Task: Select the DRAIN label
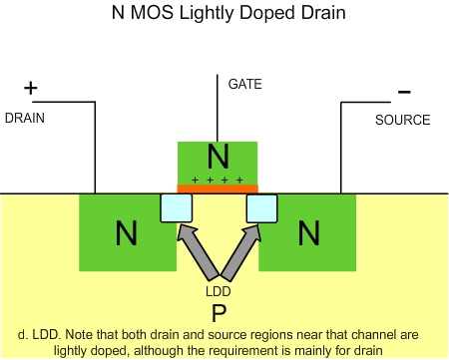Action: tap(24, 118)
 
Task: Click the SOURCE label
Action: tap(402, 120)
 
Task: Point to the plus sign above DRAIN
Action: tap(30, 89)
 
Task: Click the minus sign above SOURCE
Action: tap(404, 92)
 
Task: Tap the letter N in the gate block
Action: tap(218, 158)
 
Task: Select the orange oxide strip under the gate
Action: tap(218, 187)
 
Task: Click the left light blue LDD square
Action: tap(176, 207)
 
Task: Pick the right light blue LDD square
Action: tap(261, 207)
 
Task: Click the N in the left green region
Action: tap(126, 233)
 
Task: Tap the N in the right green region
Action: tap(309, 233)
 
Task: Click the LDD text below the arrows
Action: tap(218, 291)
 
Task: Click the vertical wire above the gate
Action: tap(218, 110)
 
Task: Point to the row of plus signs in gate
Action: tap(218, 179)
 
